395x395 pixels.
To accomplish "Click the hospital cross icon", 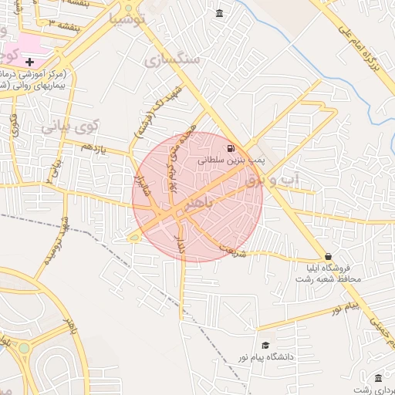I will click(x=29, y=61).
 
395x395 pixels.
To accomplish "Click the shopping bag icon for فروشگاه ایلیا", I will click(x=329, y=256).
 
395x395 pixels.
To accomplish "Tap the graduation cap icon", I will click(x=266, y=345).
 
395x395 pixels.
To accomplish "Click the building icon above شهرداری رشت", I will click(x=378, y=378).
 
